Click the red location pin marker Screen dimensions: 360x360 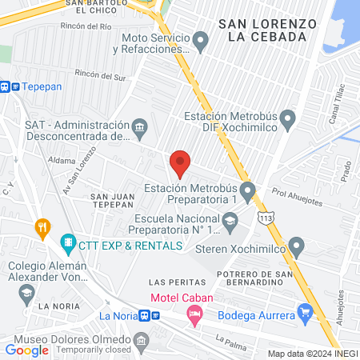click(180, 164)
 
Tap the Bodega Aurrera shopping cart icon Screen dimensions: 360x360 click(304, 311)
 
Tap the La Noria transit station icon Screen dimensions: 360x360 click(142, 314)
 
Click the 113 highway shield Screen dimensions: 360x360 click(265, 218)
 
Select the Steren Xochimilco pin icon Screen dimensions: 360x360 click(297, 245)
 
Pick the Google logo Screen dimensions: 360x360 click(27, 350)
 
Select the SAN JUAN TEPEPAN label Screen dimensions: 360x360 click(111, 200)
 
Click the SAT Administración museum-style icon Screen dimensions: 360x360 click(140, 127)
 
